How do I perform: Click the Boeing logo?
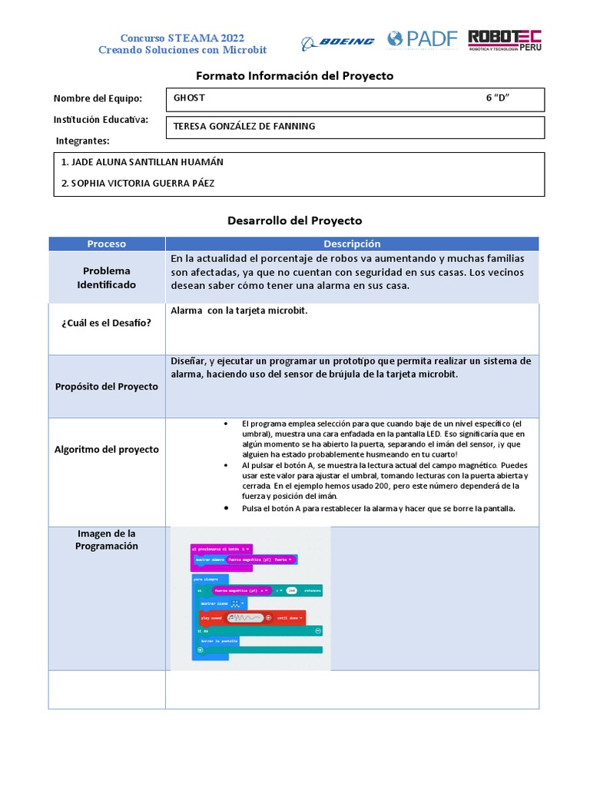338,42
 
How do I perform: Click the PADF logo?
422,40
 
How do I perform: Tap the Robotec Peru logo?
504,41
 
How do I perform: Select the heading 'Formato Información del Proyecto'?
295,75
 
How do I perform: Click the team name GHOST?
189,98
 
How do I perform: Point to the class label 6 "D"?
498,98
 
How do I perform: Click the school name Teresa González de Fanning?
244,126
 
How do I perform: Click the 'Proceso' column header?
107,244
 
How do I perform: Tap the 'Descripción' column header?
352,244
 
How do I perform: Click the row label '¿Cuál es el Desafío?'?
107,323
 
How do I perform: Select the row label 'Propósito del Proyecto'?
107,387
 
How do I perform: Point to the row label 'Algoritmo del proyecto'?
107,450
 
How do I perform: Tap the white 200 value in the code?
292,590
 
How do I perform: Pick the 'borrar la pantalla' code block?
220,640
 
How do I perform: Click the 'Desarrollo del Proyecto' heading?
295,221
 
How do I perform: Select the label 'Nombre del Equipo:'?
98,98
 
